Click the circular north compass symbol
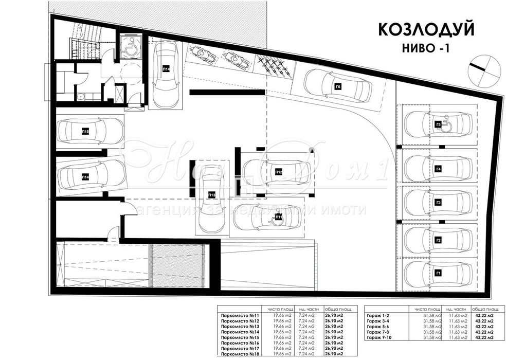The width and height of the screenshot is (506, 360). tap(484, 69)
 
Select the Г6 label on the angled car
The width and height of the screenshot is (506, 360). tap(338, 87)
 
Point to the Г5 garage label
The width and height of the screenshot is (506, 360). tap(438, 124)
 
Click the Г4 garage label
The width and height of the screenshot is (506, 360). tap(438, 169)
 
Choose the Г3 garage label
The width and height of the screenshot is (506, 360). tap(438, 203)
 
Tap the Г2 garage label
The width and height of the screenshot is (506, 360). tap(438, 240)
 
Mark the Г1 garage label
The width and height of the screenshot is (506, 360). tap(438, 273)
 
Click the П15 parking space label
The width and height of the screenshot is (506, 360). tap(85, 132)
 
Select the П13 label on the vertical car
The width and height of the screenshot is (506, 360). tap(211, 194)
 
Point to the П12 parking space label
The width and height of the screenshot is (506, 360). tap(278, 171)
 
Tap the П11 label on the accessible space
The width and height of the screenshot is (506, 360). tap(278, 218)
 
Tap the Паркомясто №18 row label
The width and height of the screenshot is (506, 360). tap(238, 354)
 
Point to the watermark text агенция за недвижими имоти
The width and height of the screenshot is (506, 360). tap(252, 209)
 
